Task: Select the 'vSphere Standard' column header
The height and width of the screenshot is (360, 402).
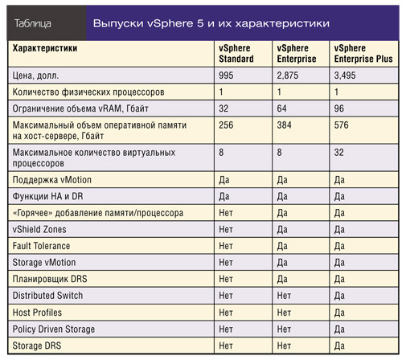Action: [236, 54]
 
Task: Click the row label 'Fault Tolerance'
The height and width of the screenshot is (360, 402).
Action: [41, 245]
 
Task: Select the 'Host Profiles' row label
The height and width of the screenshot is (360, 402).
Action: [37, 312]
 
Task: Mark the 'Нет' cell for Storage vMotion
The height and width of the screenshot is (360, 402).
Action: [228, 262]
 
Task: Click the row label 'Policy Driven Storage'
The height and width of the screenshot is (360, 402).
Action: [54, 329]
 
